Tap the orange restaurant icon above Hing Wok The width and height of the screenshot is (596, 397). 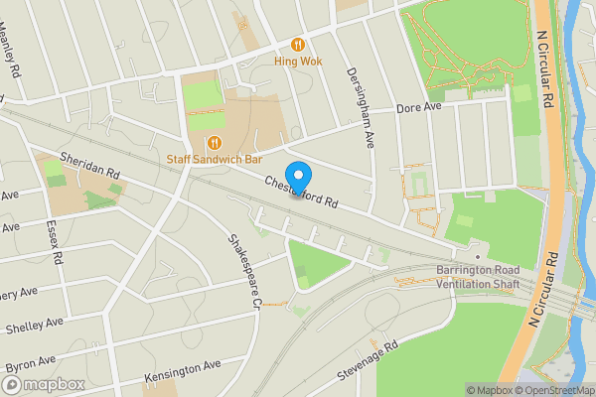coord(297,44)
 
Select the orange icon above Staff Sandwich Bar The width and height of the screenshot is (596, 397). coord(216,142)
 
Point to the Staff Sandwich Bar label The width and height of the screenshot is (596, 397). coord(214,159)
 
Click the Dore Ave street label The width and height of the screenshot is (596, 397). coord(417,107)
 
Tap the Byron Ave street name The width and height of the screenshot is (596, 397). coord(27,363)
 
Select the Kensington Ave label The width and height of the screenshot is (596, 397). coord(182,370)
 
